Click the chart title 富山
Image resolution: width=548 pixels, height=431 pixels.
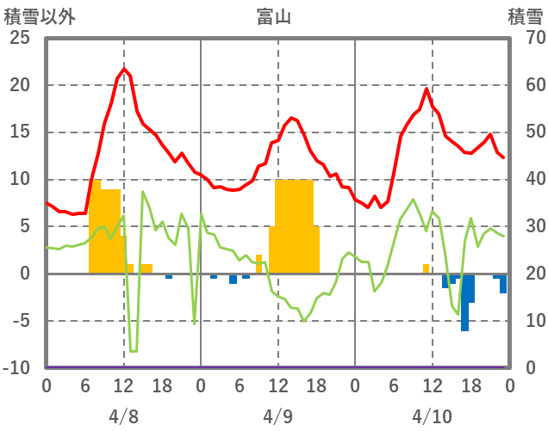[274, 16]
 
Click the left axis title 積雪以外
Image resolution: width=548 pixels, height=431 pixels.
[45, 16]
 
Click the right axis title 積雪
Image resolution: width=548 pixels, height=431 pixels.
[523, 16]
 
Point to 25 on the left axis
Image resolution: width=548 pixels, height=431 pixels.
[19, 39]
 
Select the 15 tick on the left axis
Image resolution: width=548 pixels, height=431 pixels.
[19, 132]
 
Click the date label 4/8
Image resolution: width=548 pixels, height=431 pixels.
[123, 416]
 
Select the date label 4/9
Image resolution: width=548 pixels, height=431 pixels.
[277, 416]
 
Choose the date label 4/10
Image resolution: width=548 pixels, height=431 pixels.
[432, 416]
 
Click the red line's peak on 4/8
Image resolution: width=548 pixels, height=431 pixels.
[124, 69]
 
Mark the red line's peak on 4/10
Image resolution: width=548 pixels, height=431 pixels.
[427, 89]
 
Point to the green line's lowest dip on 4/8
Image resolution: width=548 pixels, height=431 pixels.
[133, 351]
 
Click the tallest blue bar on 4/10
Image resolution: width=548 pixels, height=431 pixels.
[464, 303]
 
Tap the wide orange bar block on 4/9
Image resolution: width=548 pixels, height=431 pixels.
[294, 226]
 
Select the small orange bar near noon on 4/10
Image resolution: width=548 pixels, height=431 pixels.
[426, 268]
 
